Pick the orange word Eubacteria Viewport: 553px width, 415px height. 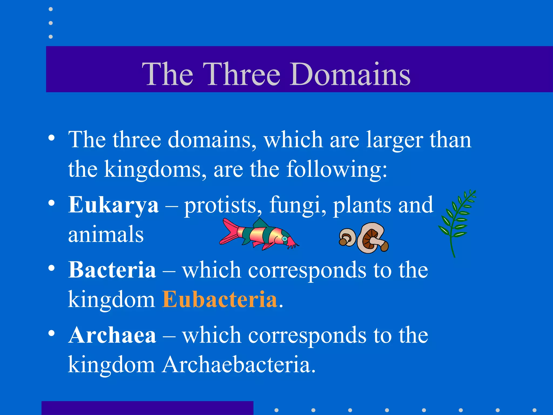pos(220,299)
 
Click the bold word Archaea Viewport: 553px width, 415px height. pos(112,335)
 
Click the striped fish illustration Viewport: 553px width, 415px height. pos(259,234)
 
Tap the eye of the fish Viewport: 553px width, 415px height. pos(284,239)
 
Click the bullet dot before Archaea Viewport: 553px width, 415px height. pos(52,333)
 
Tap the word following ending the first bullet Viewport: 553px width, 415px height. pos(336,170)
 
